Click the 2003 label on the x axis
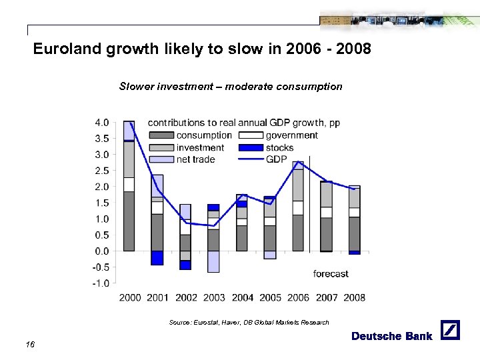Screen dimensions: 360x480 pos(214,297)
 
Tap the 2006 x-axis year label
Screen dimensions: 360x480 pos(298,297)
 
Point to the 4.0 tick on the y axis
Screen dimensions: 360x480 pos(101,123)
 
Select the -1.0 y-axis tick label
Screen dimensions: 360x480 pos(100,283)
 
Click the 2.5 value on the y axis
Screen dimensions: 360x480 pos(101,171)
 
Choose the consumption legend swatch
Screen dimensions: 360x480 pos(160,135)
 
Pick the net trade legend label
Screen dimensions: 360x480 pos(196,159)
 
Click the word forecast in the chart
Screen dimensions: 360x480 pos(331,273)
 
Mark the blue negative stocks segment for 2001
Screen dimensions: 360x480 pos(157,258)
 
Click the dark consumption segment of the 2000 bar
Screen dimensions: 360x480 pos(129,221)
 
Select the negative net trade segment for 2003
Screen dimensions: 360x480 pos(213,261)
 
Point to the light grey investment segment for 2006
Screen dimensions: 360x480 pos(298,185)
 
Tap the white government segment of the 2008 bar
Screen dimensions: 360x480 pos(354,213)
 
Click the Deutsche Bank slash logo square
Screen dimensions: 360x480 pos(451,331)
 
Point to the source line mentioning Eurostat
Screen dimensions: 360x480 pos(249,323)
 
